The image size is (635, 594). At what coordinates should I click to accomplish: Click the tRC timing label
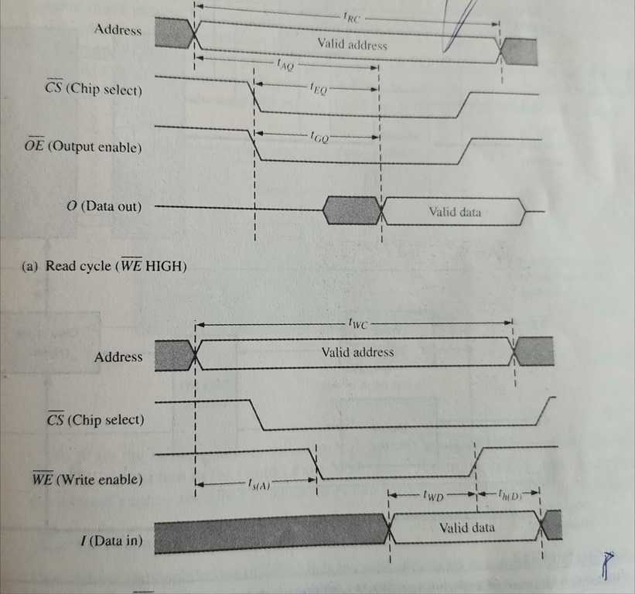[x=351, y=17]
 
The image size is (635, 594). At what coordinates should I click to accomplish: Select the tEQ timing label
[x=317, y=90]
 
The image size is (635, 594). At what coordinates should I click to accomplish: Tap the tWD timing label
[x=432, y=497]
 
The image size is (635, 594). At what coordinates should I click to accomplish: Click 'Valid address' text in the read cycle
[x=352, y=45]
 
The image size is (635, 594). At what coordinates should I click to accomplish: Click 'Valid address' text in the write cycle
[x=357, y=352]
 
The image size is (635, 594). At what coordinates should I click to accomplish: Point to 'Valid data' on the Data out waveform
[x=455, y=211]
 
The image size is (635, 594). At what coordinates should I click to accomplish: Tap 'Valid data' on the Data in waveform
[x=466, y=528]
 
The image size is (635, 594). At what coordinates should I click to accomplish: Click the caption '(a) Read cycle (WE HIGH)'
[x=104, y=267]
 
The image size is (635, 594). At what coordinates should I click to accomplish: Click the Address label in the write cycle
[x=118, y=357]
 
